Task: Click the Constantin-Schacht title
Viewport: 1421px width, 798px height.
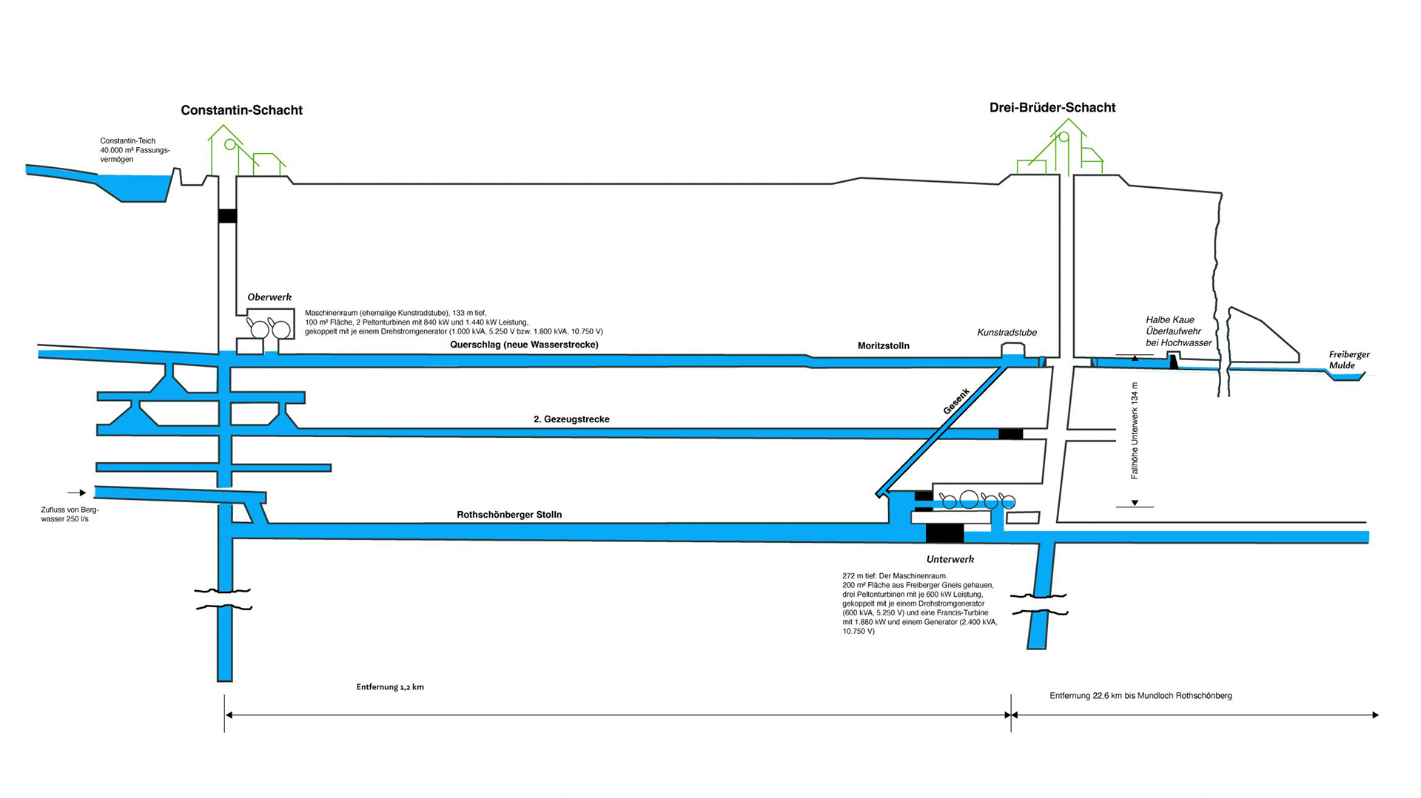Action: (241, 110)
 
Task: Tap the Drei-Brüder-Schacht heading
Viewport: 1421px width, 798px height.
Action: (1052, 107)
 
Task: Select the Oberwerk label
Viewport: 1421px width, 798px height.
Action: (269, 297)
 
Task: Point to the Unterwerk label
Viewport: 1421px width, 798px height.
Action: (950, 560)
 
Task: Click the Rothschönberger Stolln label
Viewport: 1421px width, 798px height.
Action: (509, 515)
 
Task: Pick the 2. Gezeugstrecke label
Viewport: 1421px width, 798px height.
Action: (571, 419)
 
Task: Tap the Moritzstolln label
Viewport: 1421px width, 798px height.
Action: (883, 345)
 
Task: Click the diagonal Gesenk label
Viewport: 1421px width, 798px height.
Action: (956, 402)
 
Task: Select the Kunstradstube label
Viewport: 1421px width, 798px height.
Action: (1007, 333)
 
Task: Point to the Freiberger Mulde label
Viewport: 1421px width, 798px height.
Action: (1348, 359)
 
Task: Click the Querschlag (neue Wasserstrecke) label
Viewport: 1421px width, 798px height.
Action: (524, 345)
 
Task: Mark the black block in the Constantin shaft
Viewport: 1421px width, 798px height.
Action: (227, 216)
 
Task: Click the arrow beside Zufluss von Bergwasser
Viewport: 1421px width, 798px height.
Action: (77, 493)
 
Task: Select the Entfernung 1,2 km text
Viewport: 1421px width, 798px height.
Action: (390, 687)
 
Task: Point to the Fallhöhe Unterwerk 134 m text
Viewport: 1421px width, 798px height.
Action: (1135, 430)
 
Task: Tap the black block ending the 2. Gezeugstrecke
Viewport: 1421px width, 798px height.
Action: (1010, 433)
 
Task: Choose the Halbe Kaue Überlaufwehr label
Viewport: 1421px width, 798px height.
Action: (1178, 331)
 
